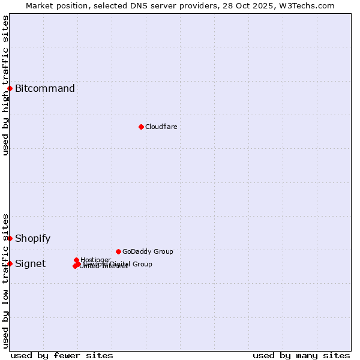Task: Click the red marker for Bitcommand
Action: coord(10,89)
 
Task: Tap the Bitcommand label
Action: coord(45,89)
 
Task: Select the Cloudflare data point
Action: coord(141,127)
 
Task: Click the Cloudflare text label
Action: coord(161,127)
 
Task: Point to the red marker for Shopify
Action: coord(10,238)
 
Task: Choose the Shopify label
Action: coord(33,238)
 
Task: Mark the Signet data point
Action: coord(10,263)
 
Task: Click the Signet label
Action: coord(31,263)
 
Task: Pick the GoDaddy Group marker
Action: coord(118,251)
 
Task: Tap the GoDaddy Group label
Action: coord(148,251)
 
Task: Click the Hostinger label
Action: coord(95,260)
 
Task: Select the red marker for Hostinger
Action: coord(76,260)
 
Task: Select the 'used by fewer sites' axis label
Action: coord(62,355)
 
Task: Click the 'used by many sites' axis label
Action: coord(301,355)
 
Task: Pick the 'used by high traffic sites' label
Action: coord(5,85)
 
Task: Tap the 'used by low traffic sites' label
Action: coord(5,280)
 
